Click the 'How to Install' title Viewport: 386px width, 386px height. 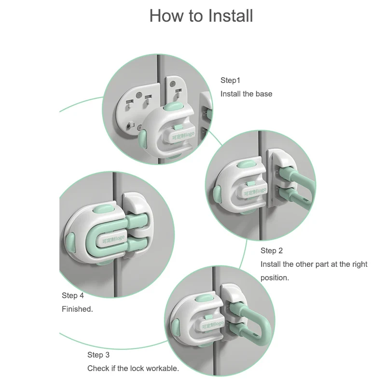click(x=201, y=15)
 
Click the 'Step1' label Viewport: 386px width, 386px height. click(x=230, y=80)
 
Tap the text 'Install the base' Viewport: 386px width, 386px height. click(x=246, y=94)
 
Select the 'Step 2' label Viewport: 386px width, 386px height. click(x=272, y=250)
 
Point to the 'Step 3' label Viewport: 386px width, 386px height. click(x=98, y=355)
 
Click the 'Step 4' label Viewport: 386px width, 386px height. click(x=73, y=295)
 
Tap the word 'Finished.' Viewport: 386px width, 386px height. click(x=77, y=309)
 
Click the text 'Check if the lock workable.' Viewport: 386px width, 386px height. click(x=133, y=368)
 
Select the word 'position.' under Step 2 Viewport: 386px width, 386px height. click(x=275, y=278)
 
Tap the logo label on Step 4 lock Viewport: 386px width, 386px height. click(x=114, y=240)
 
